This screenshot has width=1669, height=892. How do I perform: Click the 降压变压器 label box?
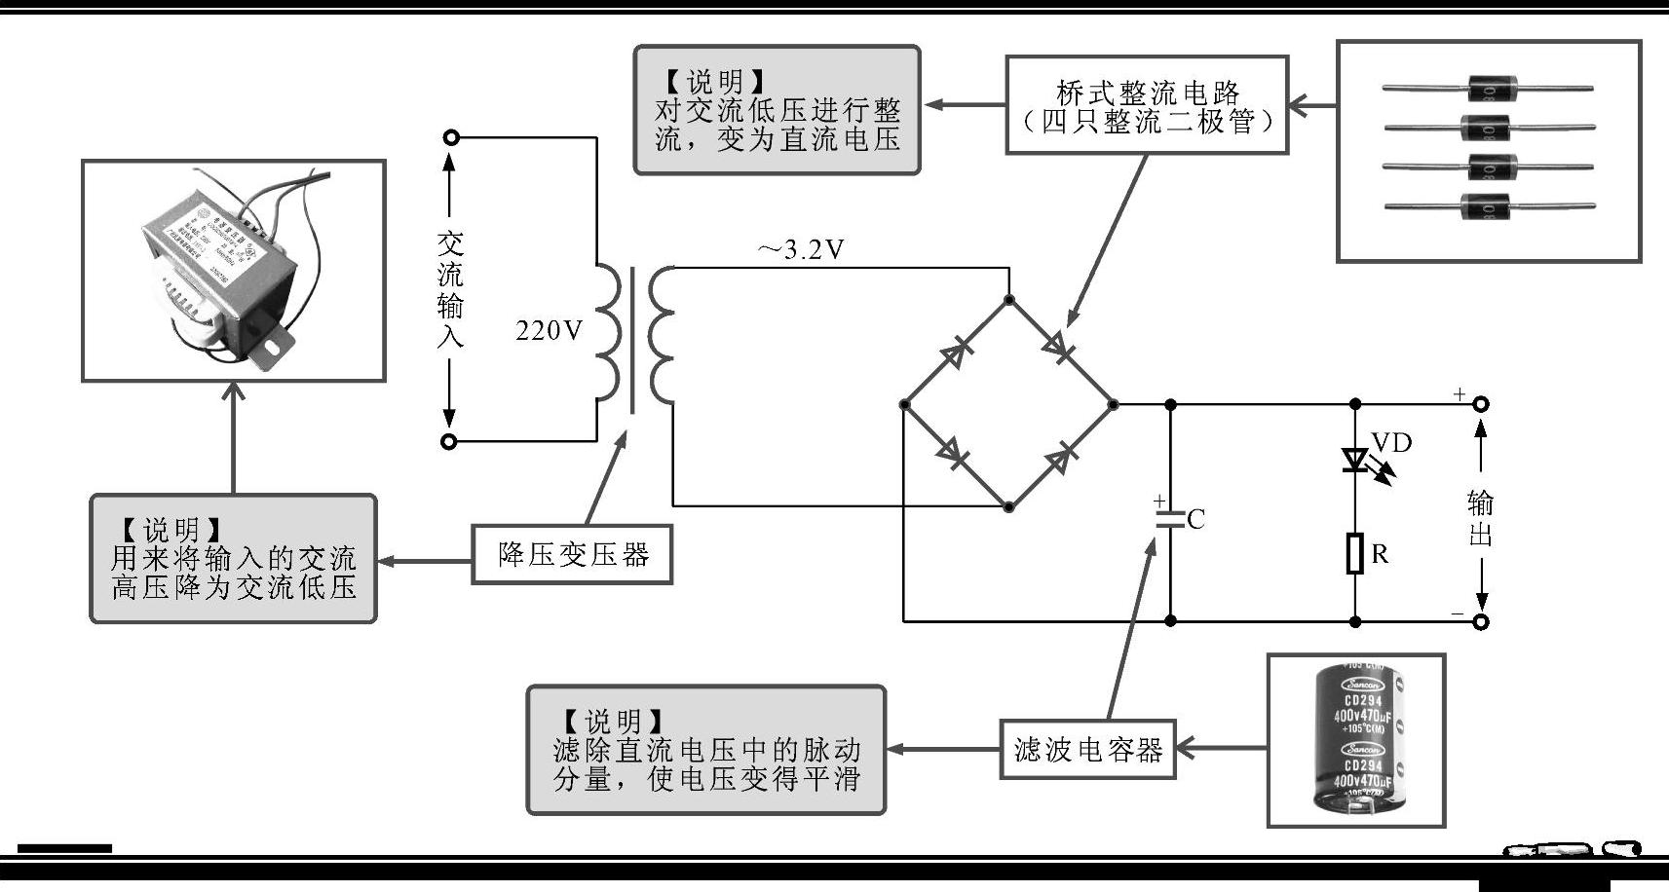[x=572, y=555]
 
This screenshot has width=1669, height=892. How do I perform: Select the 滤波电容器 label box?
[x=1087, y=750]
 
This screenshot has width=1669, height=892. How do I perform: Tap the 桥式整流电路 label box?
[x=1147, y=105]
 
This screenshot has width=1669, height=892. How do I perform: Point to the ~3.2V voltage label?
[x=800, y=250]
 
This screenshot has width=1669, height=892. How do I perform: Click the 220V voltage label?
[x=549, y=331]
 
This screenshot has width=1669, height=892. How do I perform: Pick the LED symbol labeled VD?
[x=1355, y=460]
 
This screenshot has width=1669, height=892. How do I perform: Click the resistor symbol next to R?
[x=1355, y=553]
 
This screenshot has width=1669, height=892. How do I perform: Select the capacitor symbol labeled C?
[x=1170, y=519]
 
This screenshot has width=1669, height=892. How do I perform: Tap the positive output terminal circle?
[x=1480, y=403]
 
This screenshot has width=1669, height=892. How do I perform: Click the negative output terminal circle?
[x=1480, y=621]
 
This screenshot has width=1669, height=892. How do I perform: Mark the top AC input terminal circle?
[x=450, y=138]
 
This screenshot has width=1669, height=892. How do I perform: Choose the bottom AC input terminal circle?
[x=449, y=441]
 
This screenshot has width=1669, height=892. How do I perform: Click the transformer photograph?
[x=233, y=270]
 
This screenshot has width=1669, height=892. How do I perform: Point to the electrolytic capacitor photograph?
[x=1356, y=740]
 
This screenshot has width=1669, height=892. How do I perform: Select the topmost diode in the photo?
[x=1488, y=90]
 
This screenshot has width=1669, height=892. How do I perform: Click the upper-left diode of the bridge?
[x=956, y=353]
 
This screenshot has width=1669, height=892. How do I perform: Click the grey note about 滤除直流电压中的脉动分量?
[x=705, y=750]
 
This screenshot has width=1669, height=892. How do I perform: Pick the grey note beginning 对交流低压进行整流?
[x=777, y=110]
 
